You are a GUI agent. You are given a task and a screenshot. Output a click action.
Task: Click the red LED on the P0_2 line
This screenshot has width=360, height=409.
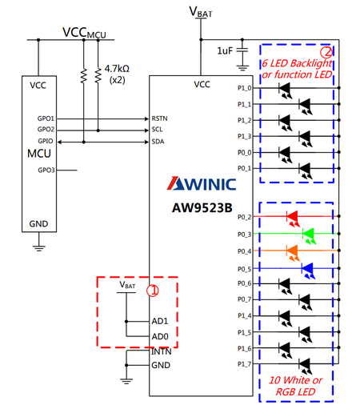pos(293,219)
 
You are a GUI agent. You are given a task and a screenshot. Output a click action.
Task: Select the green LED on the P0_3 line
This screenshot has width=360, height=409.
pos(309,235)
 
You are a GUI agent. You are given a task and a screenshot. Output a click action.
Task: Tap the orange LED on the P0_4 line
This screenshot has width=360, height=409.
pos(293,253)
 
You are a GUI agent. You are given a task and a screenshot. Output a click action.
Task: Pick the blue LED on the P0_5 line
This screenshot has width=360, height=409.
pos(308,271)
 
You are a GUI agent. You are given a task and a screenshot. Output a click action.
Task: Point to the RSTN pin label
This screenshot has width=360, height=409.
pos(159,118)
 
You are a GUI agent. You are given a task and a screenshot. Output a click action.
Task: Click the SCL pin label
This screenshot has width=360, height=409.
pos(157,130)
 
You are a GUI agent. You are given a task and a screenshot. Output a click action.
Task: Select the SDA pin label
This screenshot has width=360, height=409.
pos(158,142)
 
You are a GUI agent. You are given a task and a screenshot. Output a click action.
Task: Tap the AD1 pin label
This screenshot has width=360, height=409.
pos(160,321)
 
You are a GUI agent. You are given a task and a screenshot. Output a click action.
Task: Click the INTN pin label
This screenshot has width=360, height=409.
pos(161,351)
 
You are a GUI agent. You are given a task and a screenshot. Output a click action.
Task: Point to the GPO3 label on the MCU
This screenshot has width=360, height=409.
pos(46,170)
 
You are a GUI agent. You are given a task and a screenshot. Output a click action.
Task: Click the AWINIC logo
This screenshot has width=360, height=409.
pos(202,183)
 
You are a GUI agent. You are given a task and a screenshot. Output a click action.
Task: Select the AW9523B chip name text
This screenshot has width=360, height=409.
pos(202,208)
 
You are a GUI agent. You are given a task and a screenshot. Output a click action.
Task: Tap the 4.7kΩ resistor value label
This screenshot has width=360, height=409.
pos(117,69)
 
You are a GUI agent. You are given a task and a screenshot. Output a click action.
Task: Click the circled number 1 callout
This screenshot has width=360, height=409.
pos(153,291)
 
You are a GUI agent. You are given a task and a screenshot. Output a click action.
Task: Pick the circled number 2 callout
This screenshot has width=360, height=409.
pos(326,52)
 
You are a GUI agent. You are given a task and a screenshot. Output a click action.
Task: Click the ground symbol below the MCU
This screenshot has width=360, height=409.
pos(39,248)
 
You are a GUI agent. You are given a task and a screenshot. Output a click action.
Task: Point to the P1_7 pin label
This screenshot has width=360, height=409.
pos(245,364)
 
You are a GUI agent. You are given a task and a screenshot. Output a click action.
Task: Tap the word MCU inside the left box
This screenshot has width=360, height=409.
pos(39,154)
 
